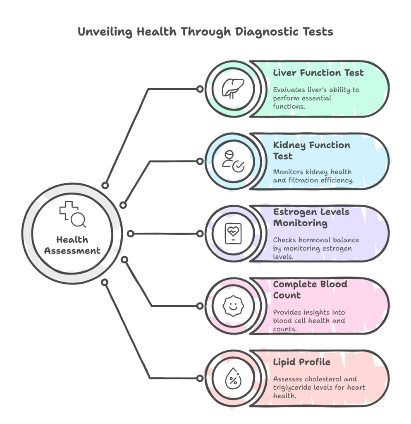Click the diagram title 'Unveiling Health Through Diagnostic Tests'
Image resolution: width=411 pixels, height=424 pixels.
[x=205, y=32]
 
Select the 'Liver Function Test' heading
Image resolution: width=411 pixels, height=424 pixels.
[x=318, y=73]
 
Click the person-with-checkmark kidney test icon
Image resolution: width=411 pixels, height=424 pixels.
[x=233, y=161]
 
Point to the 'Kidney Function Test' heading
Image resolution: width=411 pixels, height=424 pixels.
[x=311, y=151]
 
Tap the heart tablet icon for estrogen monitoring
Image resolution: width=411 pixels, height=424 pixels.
[x=233, y=234]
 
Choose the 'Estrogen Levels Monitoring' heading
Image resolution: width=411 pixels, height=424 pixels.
[x=311, y=217]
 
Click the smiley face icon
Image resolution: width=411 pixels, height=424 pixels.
[x=233, y=306]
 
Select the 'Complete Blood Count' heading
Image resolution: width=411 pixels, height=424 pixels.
[x=310, y=290]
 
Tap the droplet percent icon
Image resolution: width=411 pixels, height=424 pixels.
[x=233, y=378]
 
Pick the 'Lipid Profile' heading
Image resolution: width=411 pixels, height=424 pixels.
[x=302, y=362]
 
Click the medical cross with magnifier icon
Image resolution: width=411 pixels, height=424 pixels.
[x=72, y=214]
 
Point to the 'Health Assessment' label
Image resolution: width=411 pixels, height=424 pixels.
[x=72, y=245]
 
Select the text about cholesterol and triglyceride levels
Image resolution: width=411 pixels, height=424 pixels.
[x=319, y=388]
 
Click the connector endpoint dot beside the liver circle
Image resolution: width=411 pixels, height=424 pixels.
[x=200, y=89]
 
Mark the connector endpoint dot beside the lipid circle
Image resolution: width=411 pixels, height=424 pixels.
[x=200, y=378]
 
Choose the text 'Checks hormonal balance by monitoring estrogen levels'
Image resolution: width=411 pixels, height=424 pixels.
[x=316, y=248]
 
